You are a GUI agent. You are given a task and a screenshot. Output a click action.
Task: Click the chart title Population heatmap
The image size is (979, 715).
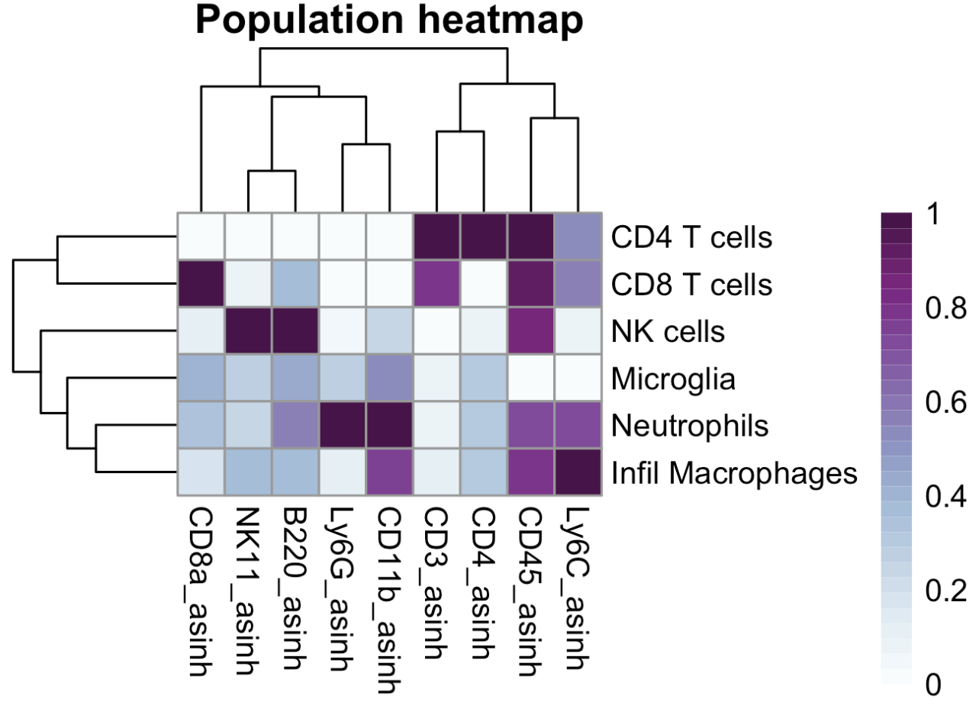[x=389, y=21]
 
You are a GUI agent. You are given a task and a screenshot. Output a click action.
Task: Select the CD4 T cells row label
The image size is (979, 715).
[x=692, y=237]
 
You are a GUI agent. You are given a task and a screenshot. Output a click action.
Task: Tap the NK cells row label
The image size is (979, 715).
[x=668, y=332]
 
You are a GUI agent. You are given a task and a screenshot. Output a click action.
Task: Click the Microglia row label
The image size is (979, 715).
[x=674, y=379]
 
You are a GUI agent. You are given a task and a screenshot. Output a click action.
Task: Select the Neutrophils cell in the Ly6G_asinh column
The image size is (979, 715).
[x=343, y=426]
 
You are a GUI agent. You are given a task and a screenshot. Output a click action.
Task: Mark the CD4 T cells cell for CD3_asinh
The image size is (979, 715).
[x=437, y=237]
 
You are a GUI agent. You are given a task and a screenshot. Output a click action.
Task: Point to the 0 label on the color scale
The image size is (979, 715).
[x=933, y=686]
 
